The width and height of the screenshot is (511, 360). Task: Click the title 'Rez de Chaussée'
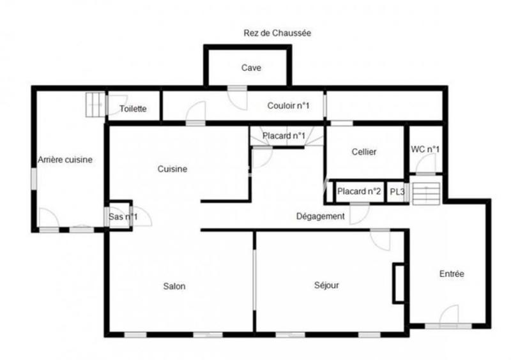[277, 33]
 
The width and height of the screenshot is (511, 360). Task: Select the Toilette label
[133, 109]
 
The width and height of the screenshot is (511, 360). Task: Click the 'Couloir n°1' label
[288, 105]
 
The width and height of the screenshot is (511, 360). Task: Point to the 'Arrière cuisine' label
[65, 160]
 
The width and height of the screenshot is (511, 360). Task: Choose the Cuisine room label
[172, 169]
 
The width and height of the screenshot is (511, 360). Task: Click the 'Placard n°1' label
[284, 136]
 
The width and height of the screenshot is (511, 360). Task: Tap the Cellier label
[364, 152]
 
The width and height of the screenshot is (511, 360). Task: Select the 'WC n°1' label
[425, 149]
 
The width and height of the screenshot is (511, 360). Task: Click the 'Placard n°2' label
[359, 191]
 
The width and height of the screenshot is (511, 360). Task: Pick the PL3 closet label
[397, 191]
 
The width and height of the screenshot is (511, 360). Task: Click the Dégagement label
[321, 216]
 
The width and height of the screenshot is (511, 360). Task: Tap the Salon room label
[174, 286]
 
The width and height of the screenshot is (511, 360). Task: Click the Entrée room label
[452, 274]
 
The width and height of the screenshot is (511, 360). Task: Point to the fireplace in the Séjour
[398, 281]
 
